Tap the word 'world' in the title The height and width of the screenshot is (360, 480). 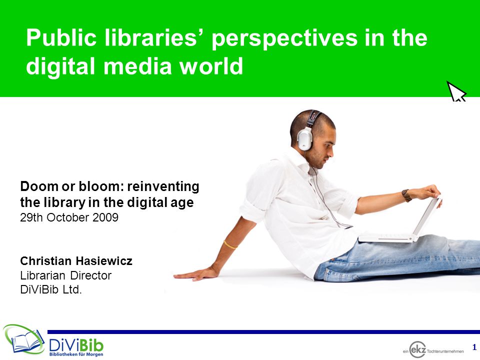pos(211,66)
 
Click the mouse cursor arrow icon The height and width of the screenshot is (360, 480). pos(456,91)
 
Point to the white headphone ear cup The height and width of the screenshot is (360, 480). pos(305,139)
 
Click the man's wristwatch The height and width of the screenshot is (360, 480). pos(406,195)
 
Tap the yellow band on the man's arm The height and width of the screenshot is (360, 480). pos(230,245)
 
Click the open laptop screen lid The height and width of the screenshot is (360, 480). pos(427,216)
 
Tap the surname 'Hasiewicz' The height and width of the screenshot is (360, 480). pos(104,261)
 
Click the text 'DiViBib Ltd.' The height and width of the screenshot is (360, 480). pos(51,289)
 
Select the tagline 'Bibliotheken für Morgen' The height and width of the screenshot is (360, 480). pos(76,354)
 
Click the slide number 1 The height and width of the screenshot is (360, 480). pos(474,347)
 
